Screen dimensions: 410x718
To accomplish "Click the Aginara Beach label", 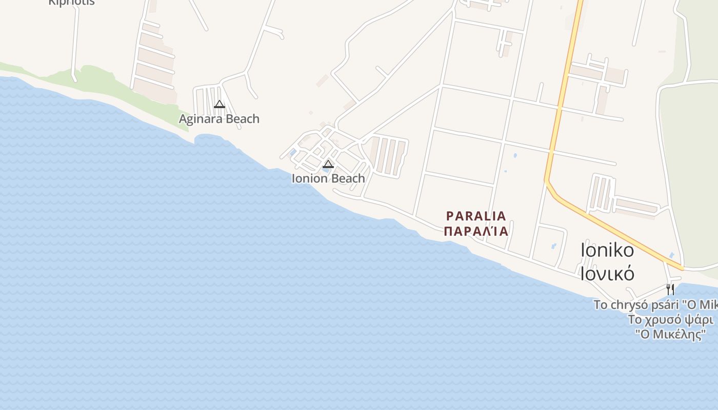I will pyautogui.click(x=219, y=119).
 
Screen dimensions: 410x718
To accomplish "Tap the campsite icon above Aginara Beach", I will pyautogui.click(x=220, y=105).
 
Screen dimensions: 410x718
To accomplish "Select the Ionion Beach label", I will pyautogui.click(x=328, y=178).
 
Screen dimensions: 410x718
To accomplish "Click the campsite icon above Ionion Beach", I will pyautogui.click(x=328, y=165).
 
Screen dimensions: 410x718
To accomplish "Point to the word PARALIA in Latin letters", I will pyautogui.click(x=476, y=216).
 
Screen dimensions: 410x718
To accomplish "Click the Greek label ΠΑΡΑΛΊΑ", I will pyautogui.click(x=476, y=231).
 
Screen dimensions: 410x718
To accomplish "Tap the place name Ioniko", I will pyautogui.click(x=607, y=250).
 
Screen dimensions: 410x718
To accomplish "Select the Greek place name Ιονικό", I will pyautogui.click(x=607, y=273).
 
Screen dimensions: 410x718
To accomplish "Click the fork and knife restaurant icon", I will pyautogui.click(x=670, y=289).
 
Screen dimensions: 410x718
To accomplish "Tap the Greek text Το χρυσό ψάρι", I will pyautogui.click(x=670, y=320).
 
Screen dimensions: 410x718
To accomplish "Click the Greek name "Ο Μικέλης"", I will pyautogui.click(x=670, y=335).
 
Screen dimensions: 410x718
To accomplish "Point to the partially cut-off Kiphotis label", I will pyautogui.click(x=71, y=3).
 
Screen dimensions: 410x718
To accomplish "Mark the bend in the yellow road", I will pyautogui.click(x=547, y=180).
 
